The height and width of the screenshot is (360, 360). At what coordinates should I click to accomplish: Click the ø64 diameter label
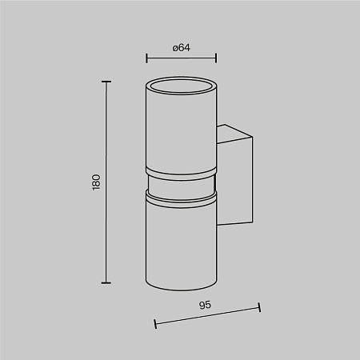pos(182,48)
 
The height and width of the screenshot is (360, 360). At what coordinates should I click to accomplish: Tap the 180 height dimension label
pos(96,182)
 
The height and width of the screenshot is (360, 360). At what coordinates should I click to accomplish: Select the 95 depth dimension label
pos(205,305)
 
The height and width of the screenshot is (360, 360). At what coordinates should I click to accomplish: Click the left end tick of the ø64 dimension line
pos(146,58)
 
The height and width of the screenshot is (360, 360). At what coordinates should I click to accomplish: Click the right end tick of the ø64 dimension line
pos(216,58)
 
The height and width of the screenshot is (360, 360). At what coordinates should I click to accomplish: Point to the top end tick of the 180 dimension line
pos(106,82)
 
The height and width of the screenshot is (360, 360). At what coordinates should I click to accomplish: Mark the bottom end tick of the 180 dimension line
pos(106,282)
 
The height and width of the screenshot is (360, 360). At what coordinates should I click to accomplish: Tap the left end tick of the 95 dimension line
pos(155,324)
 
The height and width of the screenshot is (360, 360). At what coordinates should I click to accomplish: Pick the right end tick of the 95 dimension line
pos(259,307)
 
